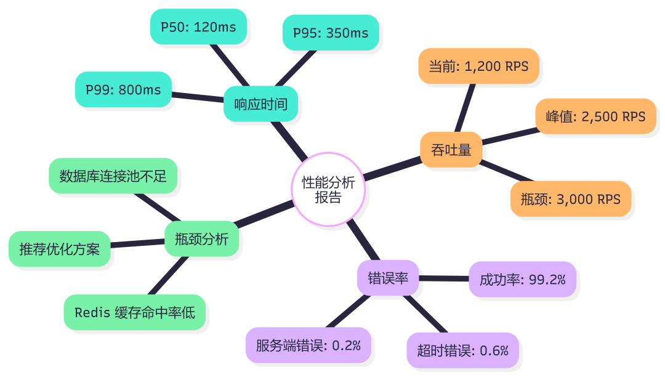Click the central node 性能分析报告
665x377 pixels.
[x=328, y=189]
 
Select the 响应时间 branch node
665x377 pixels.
[x=260, y=103]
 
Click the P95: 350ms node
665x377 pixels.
[x=331, y=33]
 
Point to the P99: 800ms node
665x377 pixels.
[x=123, y=90]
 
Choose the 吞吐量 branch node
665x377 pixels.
[x=451, y=150]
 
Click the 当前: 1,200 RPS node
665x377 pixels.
[x=478, y=66]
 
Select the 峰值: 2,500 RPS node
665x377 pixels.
[x=595, y=116]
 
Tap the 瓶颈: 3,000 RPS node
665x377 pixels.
[x=570, y=199]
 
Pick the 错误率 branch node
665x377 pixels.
[x=388, y=278]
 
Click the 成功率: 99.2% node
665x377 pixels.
[x=522, y=280]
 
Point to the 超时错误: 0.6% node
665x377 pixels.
[x=462, y=351]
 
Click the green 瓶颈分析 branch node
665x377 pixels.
[x=201, y=239]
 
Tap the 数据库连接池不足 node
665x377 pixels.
[x=113, y=176]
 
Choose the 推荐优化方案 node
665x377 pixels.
[x=60, y=249]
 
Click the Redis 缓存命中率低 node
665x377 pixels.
[x=134, y=312]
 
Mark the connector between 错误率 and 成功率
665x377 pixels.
[x=444, y=279]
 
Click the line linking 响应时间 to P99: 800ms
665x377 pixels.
[x=197, y=97]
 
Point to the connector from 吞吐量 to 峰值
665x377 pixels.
[x=511, y=136]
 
